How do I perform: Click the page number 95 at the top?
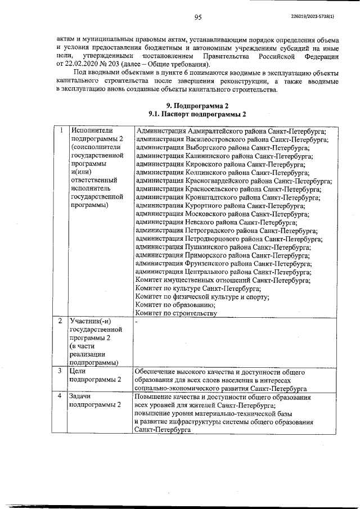point(197,17)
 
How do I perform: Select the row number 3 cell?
point(60,372)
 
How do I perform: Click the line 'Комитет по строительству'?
point(176,313)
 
